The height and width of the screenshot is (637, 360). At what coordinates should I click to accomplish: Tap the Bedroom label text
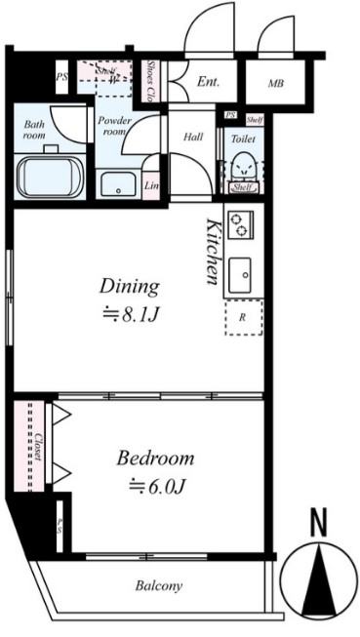tap(155, 458)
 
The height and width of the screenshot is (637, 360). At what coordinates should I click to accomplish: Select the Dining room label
tap(128, 287)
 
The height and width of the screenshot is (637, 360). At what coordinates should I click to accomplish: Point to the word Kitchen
tap(213, 251)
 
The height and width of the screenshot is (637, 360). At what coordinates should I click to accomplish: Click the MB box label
tap(276, 84)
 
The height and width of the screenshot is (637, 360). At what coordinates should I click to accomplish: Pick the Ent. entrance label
tap(208, 83)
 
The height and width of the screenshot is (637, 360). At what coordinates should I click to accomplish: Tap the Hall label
tap(193, 137)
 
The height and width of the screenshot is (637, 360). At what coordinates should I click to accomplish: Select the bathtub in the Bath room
tap(51, 178)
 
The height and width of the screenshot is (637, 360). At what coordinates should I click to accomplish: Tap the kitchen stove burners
tap(240, 226)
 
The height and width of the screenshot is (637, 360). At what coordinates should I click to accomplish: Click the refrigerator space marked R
tap(243, 317)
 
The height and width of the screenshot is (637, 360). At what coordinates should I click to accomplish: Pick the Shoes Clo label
tap(153, 83)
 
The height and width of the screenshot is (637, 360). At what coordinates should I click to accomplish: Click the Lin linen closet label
tap(151, 184)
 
